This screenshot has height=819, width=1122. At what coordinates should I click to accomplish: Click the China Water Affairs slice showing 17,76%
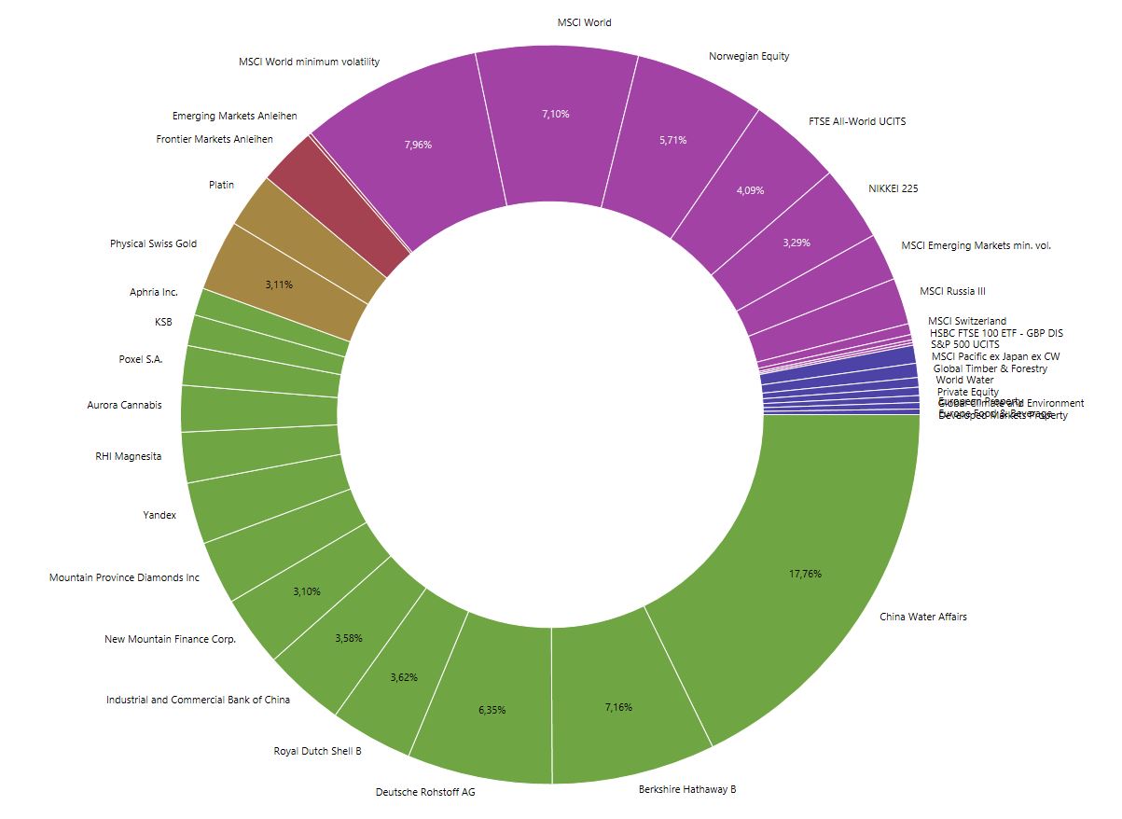805,574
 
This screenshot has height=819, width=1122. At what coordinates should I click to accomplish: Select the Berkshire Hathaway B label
687,789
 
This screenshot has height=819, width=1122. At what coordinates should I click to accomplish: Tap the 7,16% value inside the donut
618,707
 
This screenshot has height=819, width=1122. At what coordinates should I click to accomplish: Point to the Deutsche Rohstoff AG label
419,792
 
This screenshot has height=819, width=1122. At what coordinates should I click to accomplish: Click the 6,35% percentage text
492,710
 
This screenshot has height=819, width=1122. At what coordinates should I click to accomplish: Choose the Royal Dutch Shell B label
317,751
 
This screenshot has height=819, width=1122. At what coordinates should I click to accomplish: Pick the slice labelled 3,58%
349,638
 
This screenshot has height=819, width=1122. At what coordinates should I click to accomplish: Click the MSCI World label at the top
584,22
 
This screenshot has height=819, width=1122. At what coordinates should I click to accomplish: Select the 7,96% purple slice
418,145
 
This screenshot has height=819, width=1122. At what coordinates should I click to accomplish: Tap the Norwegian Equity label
749,56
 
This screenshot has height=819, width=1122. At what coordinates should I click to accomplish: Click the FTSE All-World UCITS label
857,121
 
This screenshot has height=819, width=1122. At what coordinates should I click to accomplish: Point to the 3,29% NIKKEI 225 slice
796,243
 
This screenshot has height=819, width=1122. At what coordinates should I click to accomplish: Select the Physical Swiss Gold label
153,243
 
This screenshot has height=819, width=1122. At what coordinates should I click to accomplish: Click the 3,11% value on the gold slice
278,285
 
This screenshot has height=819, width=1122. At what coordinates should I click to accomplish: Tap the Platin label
221,185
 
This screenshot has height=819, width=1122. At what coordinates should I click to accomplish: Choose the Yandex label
159,514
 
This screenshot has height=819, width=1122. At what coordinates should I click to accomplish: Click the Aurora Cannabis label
124,405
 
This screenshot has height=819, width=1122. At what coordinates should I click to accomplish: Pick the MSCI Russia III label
952,291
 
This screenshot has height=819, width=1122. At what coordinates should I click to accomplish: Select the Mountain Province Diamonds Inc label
124,577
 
